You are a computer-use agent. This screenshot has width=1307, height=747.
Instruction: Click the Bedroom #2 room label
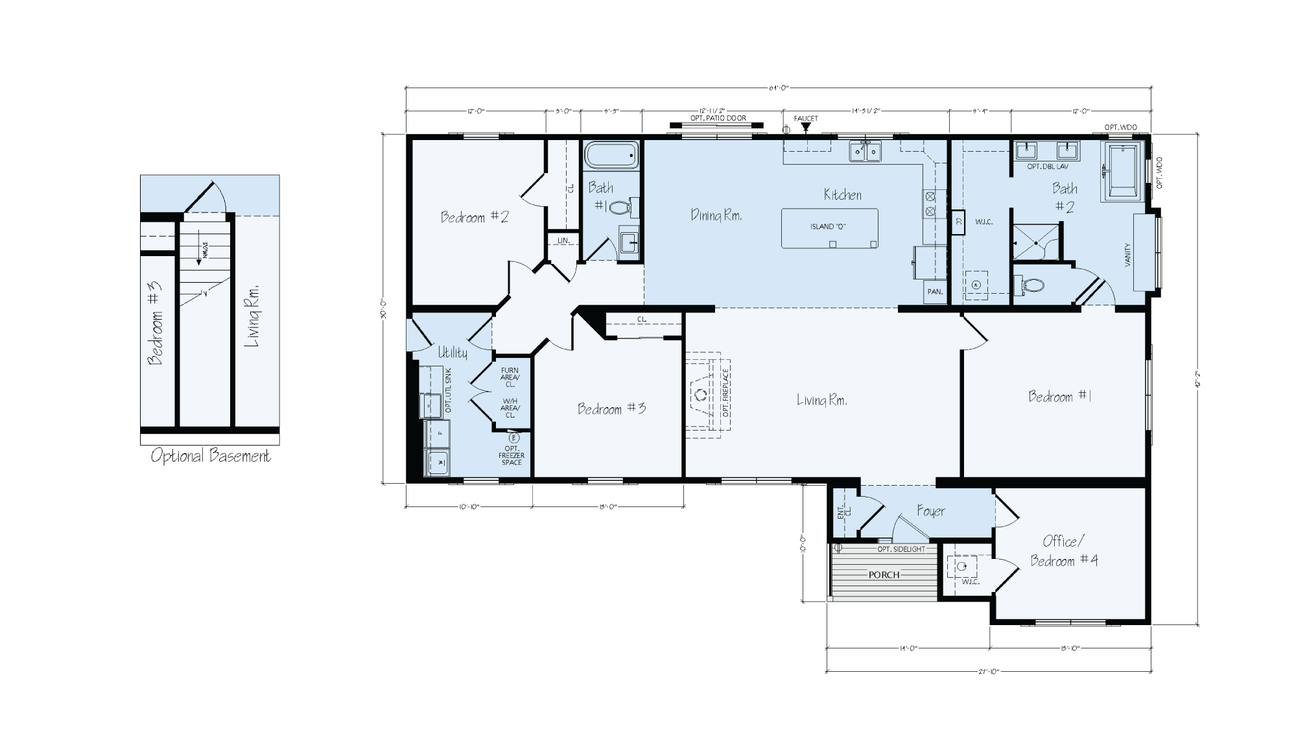pyautogui.click(x=475, y=217)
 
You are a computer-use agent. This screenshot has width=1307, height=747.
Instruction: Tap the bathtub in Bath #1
pyautogui.click(x=611, y=156)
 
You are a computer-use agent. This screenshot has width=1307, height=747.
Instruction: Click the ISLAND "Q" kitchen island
pyautogui.click(x=829, y=228)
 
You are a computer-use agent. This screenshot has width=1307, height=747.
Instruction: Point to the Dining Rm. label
pyautogui.click(x=716, y=215)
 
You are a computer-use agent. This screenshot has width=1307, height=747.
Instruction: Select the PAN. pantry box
pyautogui.click(x=935, y=292)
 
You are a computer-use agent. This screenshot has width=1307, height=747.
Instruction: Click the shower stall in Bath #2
pyautogui.click(x=1036, y=242)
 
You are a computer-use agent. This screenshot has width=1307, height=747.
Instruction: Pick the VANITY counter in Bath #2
pyautogui.click(x=1145, y=253)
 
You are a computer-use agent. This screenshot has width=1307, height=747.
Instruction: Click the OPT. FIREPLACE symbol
pyautogui.click(x=708, y=393)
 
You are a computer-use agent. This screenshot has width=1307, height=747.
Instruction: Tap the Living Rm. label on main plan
pyautogui.click(x=821, y=401)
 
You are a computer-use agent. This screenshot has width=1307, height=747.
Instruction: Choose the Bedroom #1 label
pyautogui.click(x=1060, y=396)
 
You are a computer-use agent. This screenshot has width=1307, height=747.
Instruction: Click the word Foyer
pyautogui.click(x=931, y=511)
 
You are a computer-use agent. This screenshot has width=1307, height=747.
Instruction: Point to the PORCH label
pyautogui.click(x=884, y=575)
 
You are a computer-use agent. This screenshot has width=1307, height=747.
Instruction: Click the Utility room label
pyautogui.click(x=452, y=352)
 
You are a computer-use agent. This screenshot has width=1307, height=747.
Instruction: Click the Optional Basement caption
pyautogui.click(x=211, y=456)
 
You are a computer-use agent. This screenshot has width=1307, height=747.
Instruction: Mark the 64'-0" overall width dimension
pyautogui.click(x=778, y=88)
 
